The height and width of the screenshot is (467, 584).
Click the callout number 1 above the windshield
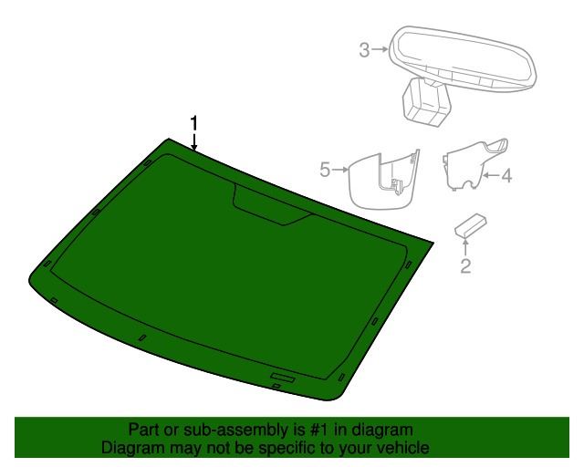tap(193, 123)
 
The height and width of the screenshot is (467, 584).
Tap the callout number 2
tap(465, 266)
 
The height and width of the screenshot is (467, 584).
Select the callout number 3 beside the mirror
tap(364, 50)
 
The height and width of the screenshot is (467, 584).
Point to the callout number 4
tap(506, 175)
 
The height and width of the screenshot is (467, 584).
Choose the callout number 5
tap(325, 170)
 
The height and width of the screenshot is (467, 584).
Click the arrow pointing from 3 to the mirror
tap(380, 49)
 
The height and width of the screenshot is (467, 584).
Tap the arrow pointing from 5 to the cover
tap(340, 170)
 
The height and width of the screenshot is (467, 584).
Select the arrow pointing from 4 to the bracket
tap(491, 174)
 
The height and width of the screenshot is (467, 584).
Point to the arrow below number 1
tap(193, 142)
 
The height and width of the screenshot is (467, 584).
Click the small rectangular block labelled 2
tap(471, 225)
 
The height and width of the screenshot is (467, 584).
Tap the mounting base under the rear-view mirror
tap(426, 101)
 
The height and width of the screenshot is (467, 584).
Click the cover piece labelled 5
tap(383, 180)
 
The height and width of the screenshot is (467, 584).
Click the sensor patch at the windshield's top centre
tap(272, 204)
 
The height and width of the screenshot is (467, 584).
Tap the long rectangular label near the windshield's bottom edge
tap(283, 378)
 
